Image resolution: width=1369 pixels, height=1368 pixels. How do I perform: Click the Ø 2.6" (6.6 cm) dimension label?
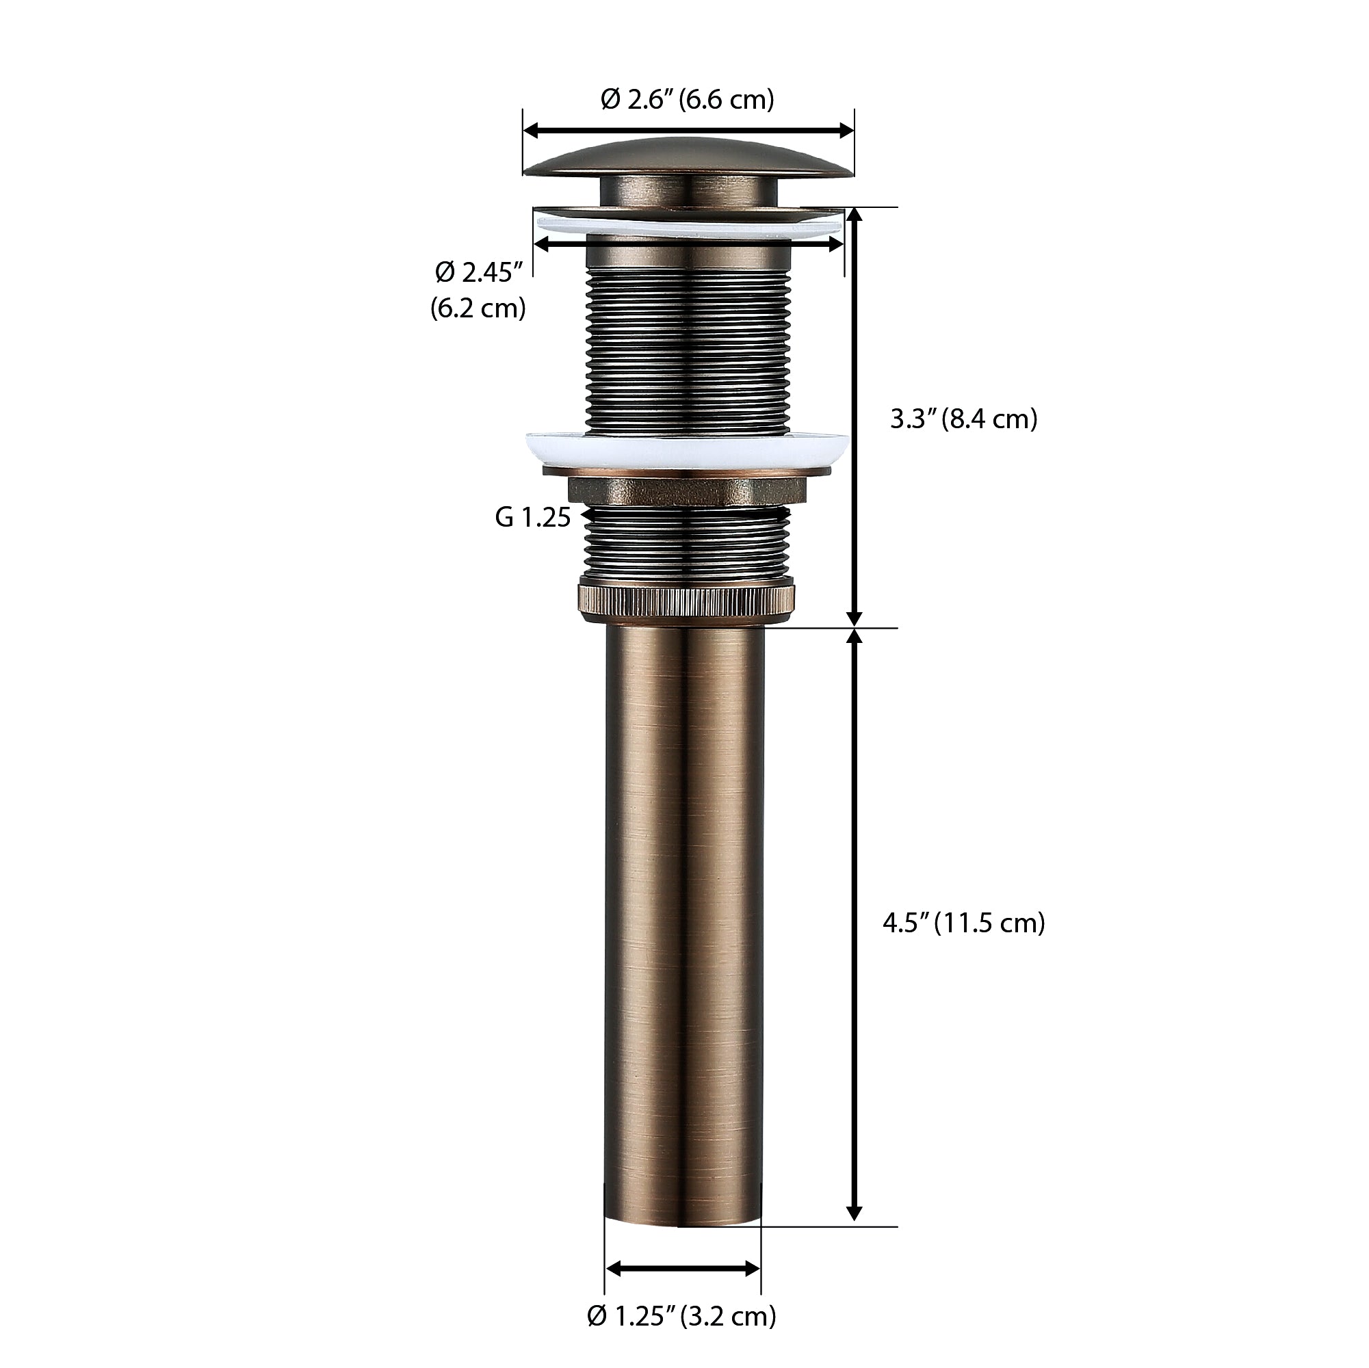pyautogui.click(x=688, y=100)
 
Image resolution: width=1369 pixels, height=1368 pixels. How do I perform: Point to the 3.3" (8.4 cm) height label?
pyautogui.click(x=964, y=419)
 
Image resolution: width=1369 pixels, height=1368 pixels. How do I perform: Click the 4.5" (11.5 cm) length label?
pyautogui.click(x=964, y=923)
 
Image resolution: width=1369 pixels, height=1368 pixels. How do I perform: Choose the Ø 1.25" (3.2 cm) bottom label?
pyautogui.click(x=681, y=1315)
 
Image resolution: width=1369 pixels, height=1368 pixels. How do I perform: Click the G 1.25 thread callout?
pyautogui.click(x=533, y=518)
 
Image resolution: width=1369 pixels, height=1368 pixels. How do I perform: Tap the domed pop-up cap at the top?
pyautogui.click(x=688, y=160)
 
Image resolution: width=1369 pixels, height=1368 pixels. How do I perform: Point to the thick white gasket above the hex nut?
pyautogui.click(x=688, y=448)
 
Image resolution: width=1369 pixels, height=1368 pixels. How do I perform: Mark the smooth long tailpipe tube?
pyautogui.click(x=683, y=921)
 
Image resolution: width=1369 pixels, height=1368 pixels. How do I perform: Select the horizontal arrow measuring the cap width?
pyautogui.click(x=688, y=131)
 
